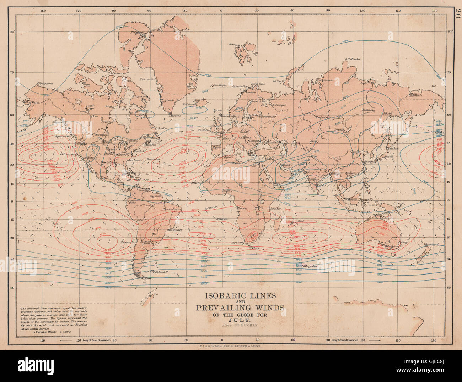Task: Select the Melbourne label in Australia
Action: point(391,245)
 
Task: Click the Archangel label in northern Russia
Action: point(278,105)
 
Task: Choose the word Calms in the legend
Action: point(66,331)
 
